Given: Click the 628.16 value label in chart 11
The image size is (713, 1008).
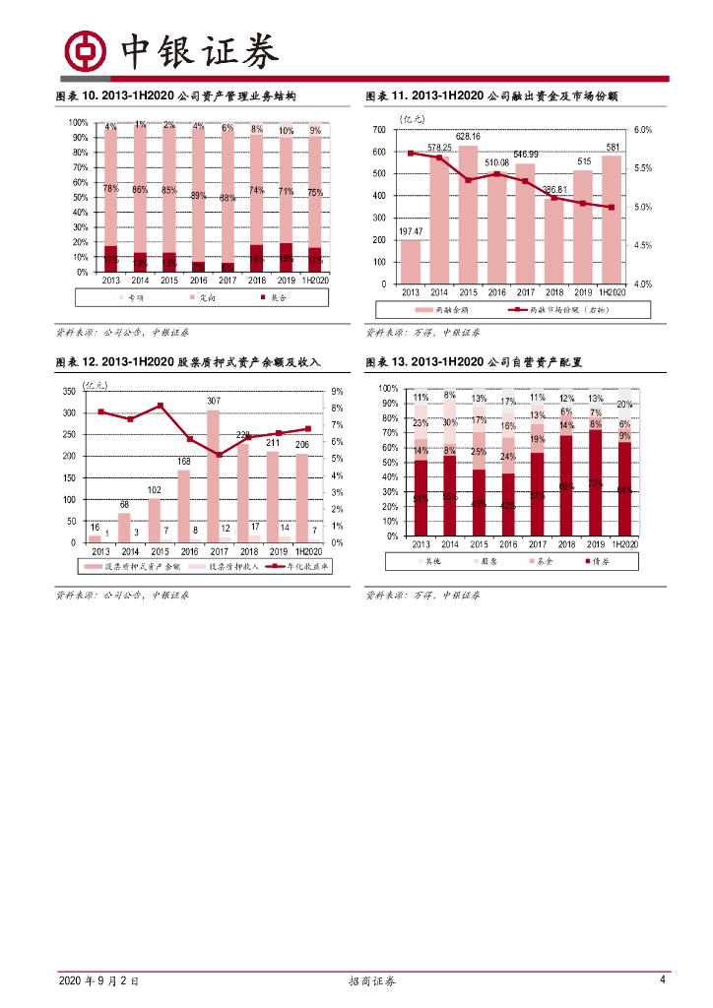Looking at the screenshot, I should (468, 137).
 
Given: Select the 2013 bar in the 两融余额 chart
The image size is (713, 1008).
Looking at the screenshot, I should (411, 261).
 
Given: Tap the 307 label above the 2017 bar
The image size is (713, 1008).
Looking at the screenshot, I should (214, 401).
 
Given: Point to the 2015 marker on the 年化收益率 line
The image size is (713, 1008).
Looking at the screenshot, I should (161, 406).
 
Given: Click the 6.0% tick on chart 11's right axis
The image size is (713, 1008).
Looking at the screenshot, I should (643, 130).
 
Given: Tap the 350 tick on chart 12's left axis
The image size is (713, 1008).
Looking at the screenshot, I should (68, 391).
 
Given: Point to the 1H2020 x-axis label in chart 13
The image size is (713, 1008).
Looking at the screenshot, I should (624, 544).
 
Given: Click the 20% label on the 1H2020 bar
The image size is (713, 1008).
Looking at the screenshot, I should (624, 405).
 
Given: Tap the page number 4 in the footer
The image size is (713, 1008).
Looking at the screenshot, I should (663, 980).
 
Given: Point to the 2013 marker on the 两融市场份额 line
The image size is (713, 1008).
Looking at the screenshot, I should (411, 153).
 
